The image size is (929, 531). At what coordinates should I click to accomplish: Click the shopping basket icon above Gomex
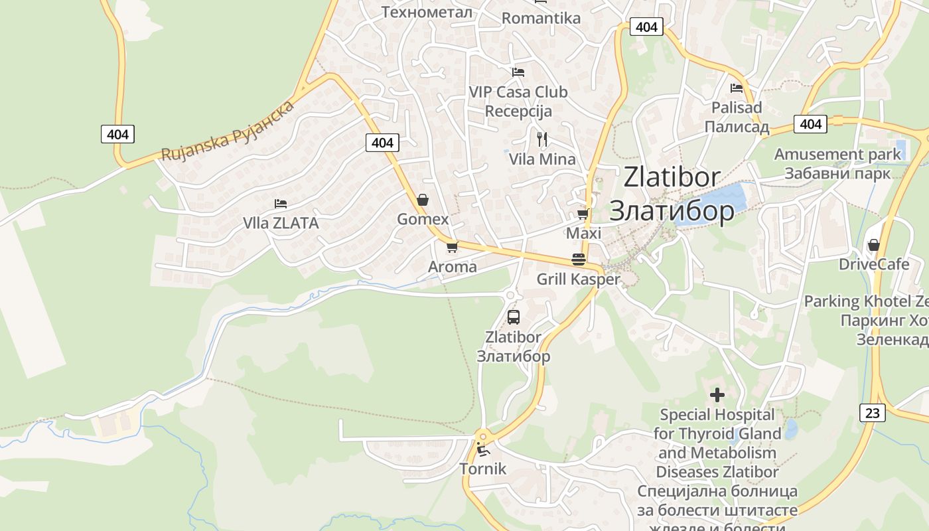423,200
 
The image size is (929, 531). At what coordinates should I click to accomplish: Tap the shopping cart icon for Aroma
452,247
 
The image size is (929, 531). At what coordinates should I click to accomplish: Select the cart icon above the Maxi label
583,214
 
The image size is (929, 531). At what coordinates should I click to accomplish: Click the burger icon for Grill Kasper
578,260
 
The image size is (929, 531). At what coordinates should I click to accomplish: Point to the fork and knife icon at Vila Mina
542,139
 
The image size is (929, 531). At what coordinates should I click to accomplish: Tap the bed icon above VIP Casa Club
518,72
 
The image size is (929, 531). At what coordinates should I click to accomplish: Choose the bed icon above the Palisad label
736,88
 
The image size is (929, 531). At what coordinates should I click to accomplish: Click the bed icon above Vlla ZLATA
281,203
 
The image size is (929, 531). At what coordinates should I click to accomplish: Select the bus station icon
514,317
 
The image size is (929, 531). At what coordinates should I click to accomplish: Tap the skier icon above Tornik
483,449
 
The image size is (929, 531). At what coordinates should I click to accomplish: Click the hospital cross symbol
717,395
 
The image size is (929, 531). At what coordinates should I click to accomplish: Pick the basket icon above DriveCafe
874,245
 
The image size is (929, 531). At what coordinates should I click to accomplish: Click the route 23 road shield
872,413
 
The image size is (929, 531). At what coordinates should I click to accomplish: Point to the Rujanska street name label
228,131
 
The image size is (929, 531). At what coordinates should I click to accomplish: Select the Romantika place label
541,18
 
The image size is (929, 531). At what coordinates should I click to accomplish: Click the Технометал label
427,12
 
